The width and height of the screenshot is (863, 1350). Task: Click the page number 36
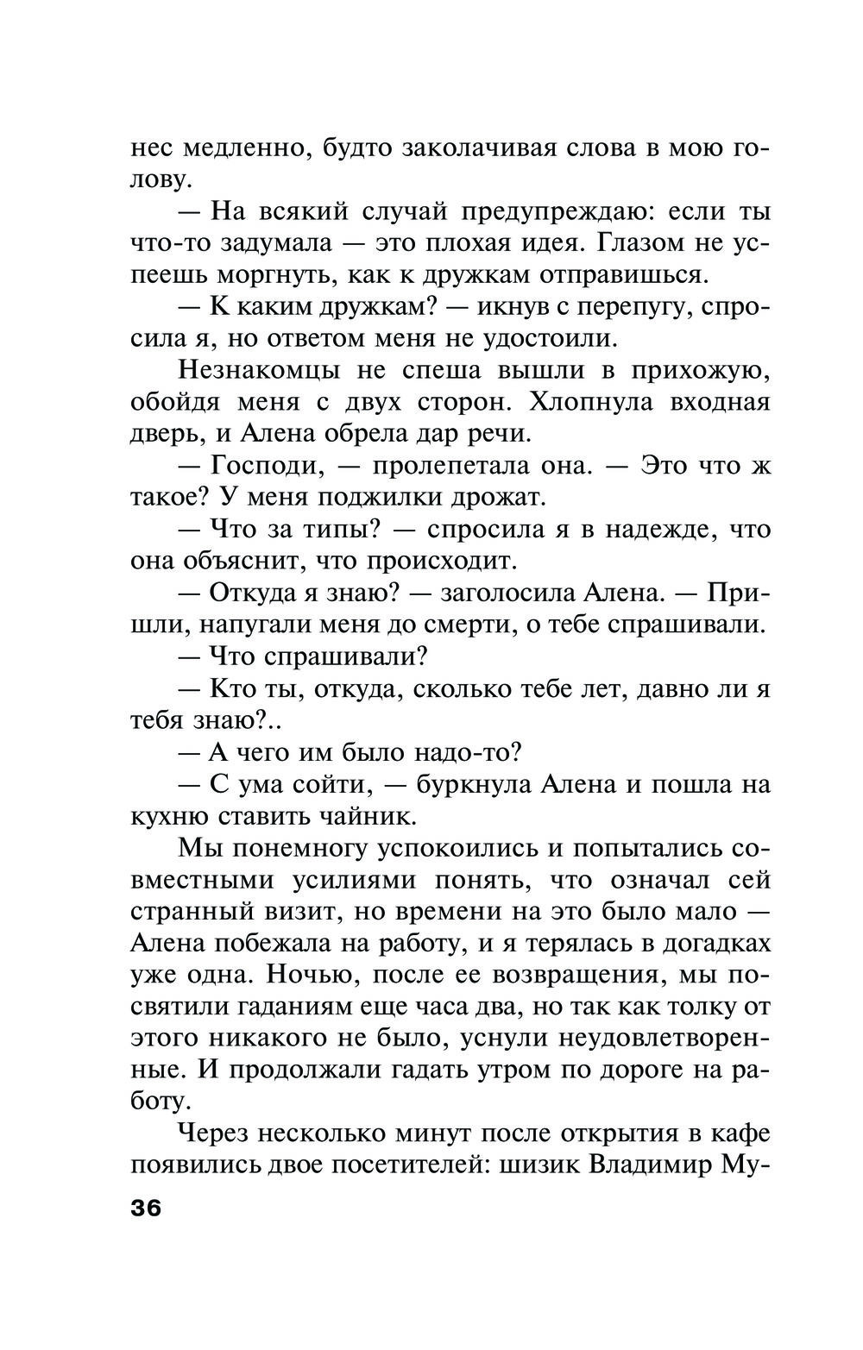click(146, 1208)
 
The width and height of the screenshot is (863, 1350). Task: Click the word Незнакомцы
click(258, 371)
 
